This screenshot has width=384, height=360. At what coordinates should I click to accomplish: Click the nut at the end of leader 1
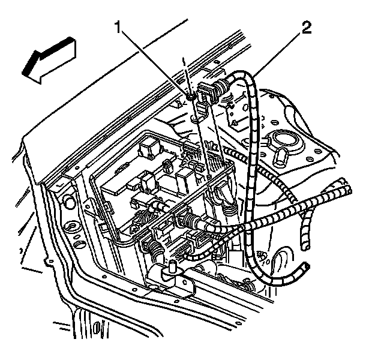tap(190, 95)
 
